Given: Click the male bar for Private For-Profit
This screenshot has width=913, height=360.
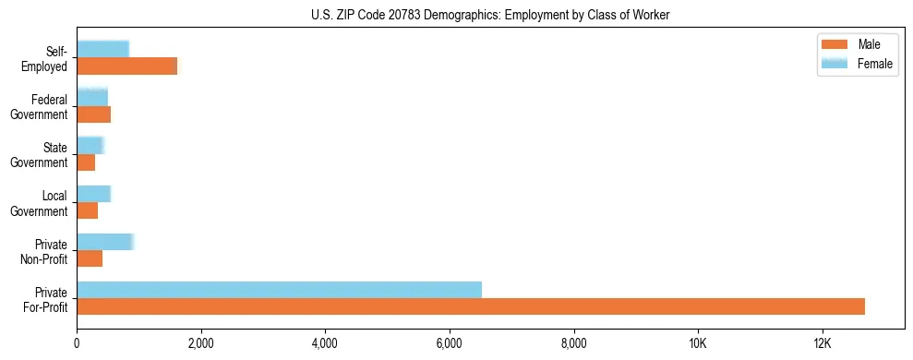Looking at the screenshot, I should point(471,307).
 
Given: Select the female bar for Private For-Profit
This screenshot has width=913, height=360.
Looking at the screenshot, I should point(279,290).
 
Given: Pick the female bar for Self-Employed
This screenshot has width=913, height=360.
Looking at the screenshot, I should point(102,49).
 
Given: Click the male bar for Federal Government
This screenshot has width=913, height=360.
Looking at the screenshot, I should point(93,114).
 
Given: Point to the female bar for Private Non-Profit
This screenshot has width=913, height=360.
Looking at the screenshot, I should point(105,242).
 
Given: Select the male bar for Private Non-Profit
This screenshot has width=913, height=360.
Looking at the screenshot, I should point(90,259).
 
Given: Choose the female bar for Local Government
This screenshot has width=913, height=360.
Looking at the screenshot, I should point(93,194).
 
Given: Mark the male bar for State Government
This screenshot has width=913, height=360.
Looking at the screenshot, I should point(86,162).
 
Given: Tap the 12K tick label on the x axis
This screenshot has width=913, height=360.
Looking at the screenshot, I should point(823,343).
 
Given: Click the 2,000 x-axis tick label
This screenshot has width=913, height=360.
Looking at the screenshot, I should point(200,343).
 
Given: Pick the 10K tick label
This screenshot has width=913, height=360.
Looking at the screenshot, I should point(698,343).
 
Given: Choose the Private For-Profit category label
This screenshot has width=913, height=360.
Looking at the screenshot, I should point(47,299).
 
